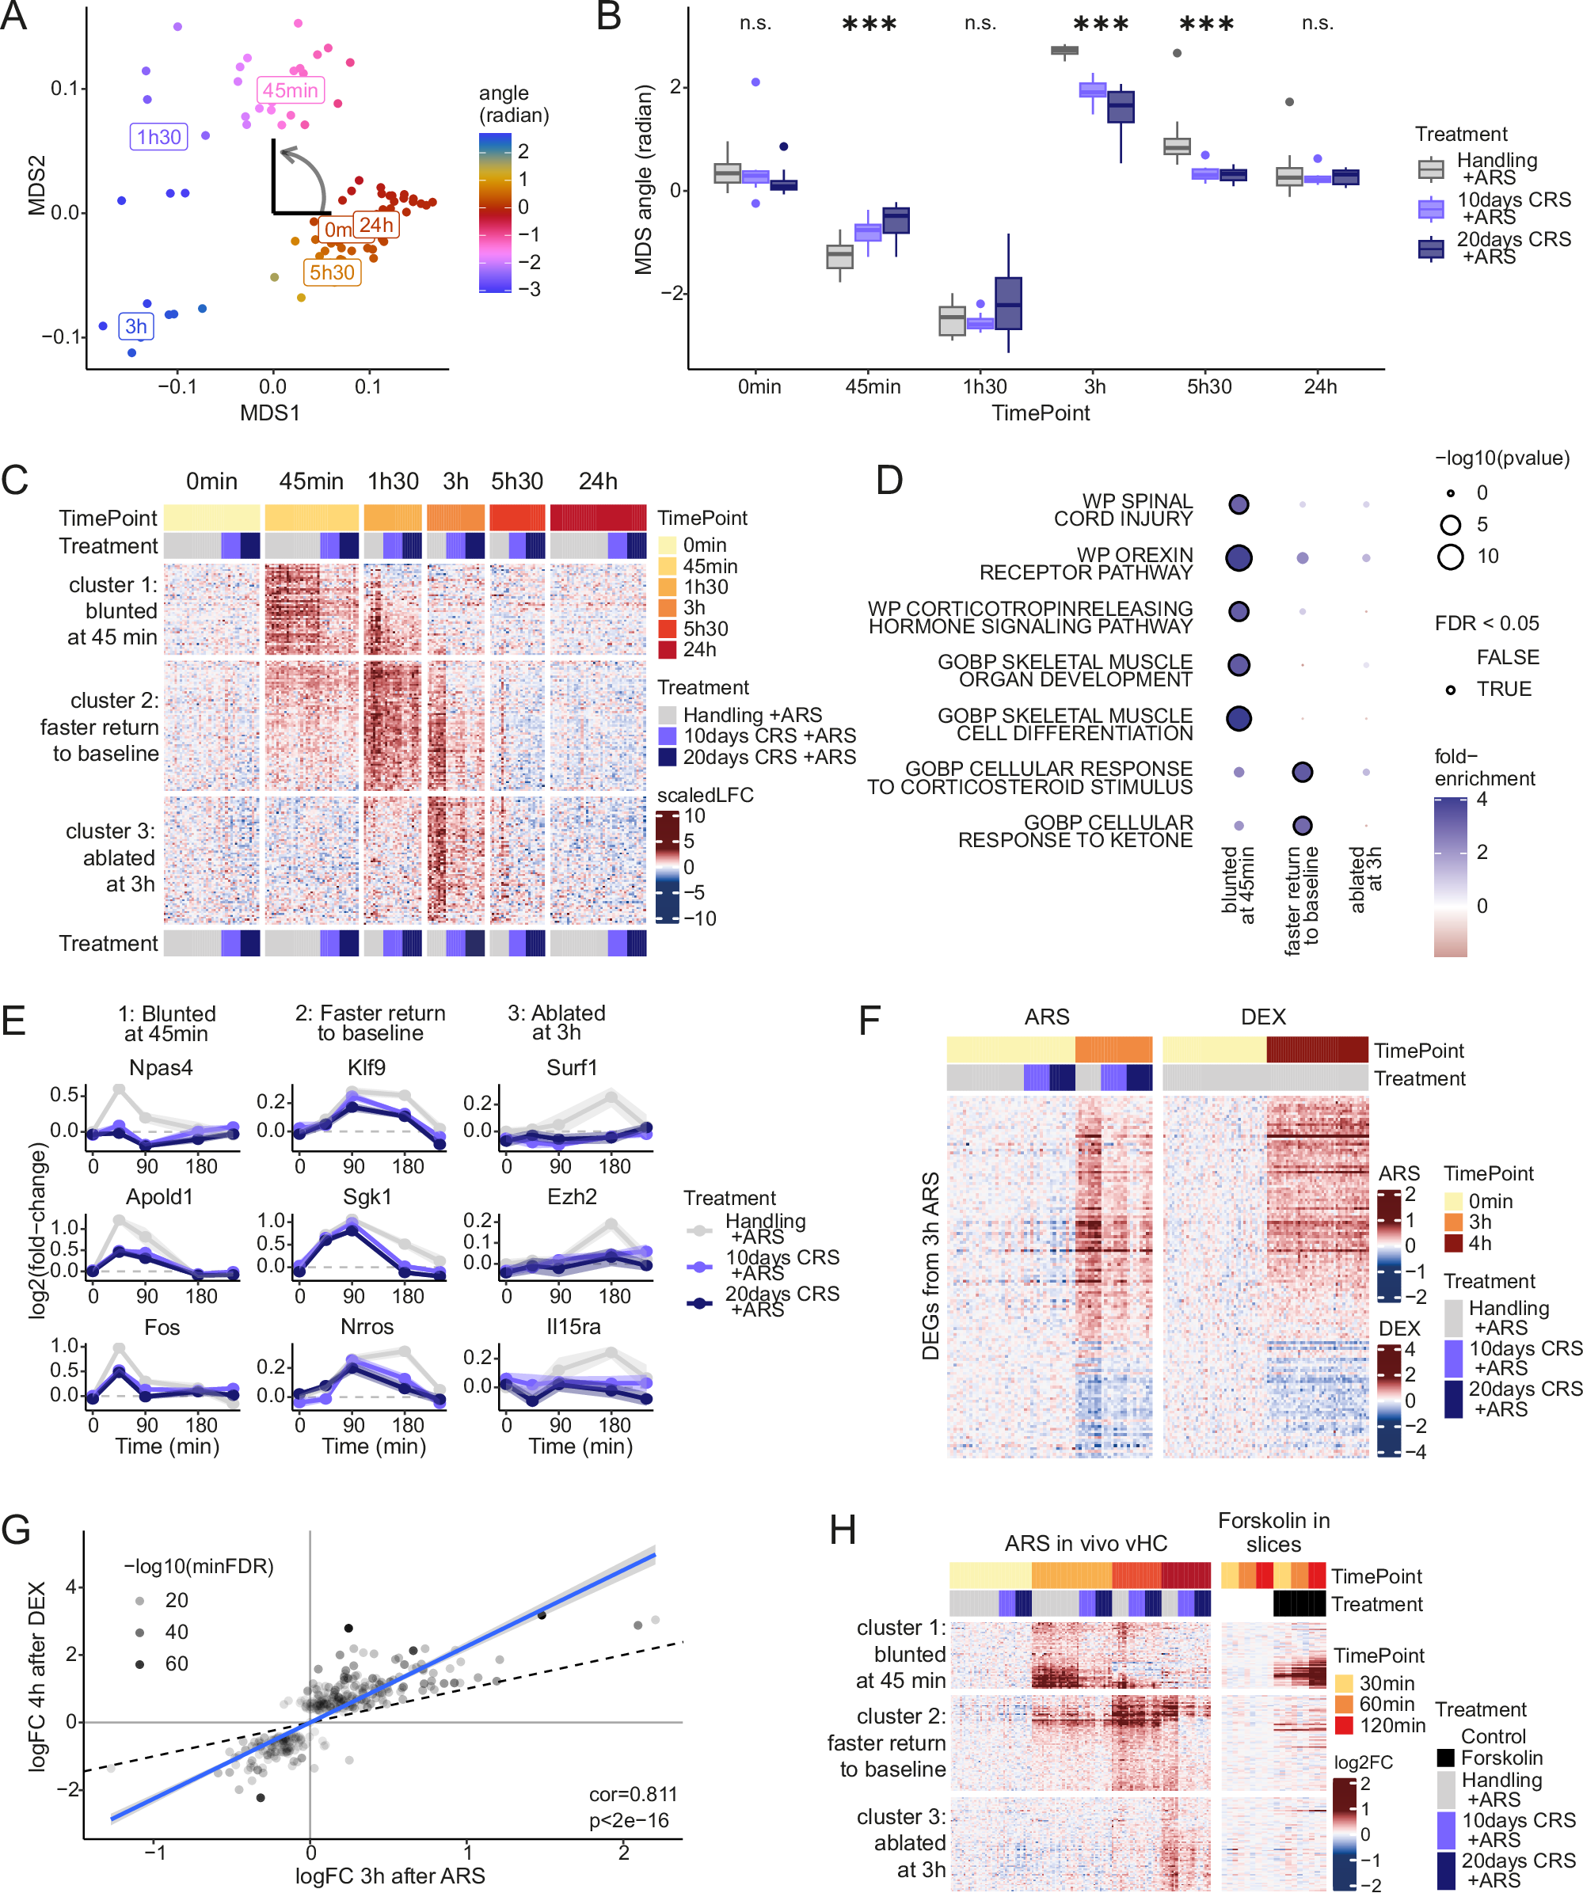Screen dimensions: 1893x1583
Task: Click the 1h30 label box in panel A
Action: [x=158, y=137]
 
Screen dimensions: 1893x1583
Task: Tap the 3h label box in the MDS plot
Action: [x=136, y=326]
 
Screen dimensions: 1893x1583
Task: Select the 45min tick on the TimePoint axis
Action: [x=872, y=386]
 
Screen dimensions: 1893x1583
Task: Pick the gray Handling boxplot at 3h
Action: [x=1064, y=51]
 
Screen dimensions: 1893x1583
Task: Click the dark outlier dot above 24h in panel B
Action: [x=1289, y=102]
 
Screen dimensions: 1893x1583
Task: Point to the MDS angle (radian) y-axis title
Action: [x=643, y=181]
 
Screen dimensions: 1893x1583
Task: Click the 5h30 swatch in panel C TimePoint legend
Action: [x=667, y=629]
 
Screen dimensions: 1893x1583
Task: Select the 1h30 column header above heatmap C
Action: [x=393, y=481]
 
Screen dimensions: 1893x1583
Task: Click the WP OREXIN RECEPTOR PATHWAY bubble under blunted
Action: [x=1239, y=558]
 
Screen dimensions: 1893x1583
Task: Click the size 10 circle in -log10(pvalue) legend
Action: [x=1450, y=556]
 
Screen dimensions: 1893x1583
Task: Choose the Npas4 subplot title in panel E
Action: [x=161, y=1067]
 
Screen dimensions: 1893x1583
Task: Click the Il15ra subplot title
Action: [x=573, y=1326]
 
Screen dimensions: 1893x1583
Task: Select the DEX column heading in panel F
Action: [x=1263, y=1017]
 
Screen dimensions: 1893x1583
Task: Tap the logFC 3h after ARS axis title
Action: [x=390, y=1876]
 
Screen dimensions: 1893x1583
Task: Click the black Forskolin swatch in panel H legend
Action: [x=1445, y=1758]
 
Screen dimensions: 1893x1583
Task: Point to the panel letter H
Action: [x=842, y=1530]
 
